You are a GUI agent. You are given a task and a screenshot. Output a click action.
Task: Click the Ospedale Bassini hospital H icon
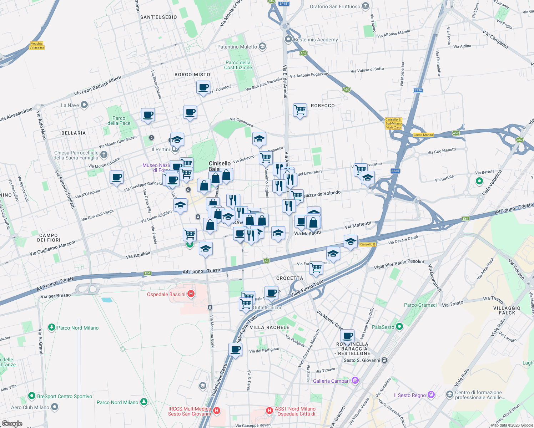[191, 294]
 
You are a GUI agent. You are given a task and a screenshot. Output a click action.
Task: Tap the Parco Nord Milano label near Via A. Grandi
[78, 328]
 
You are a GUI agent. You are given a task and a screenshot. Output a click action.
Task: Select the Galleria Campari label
[331, 381]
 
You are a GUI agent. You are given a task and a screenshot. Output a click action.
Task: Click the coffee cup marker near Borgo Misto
[203, 87]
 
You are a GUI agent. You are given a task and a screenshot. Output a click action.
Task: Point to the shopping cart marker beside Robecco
[300, 110]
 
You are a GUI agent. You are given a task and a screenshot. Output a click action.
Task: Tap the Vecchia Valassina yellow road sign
[37, 46]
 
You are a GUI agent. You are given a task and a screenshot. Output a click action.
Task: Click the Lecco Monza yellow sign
[423, 135]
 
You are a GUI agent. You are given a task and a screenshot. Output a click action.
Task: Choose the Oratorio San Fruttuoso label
[335, 6]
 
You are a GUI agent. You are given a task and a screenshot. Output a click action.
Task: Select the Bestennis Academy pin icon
[288, 39]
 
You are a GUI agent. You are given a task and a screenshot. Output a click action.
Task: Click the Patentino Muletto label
[237, 47]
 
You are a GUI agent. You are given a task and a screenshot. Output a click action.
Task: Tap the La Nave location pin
[84, 105]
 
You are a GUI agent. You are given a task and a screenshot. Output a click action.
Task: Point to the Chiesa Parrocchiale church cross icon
[104, 154]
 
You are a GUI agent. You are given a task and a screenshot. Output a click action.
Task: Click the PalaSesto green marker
[399, 326]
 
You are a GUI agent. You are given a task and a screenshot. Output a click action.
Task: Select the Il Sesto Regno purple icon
[431, 394]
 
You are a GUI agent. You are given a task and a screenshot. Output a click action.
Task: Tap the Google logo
[12, 424]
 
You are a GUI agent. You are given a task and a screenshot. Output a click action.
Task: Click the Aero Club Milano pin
[55, 407]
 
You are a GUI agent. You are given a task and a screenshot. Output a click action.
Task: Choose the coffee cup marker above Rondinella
[347, 336]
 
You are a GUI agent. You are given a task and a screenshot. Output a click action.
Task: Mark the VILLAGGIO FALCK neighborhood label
[507, 310]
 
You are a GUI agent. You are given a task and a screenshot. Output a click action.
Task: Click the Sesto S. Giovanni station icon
[384, 360]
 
